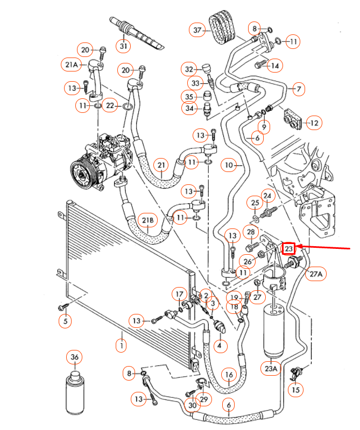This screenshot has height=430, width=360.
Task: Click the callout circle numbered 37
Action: click(x=197, y=31)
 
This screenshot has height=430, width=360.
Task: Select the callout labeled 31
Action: click(x=124, y=46)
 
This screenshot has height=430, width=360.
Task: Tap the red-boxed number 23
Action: click(x=289, y=248)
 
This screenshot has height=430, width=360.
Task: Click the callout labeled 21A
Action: click(x=72, y=65)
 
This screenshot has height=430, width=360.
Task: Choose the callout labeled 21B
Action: click(x=148, y=220)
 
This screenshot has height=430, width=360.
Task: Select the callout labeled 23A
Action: click(x=270, y=369)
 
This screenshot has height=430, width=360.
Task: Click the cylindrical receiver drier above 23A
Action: click(x=274, y=330)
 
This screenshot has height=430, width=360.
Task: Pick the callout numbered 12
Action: click(x=314, y=124)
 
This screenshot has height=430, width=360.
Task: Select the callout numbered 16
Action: click(x=229, y=375)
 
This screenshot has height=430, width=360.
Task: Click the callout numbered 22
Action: click(x=111, y=106)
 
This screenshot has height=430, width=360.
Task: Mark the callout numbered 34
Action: click(x=189, y=110)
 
